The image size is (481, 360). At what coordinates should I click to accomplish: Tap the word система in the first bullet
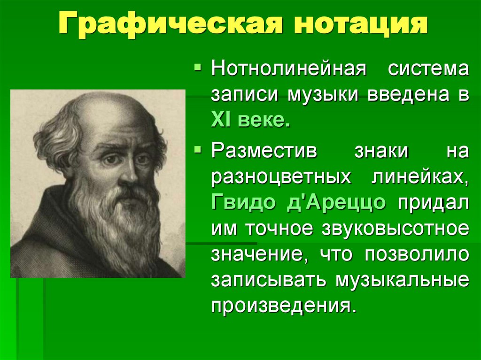[427, 69]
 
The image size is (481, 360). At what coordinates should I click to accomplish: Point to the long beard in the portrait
[120, 225]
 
